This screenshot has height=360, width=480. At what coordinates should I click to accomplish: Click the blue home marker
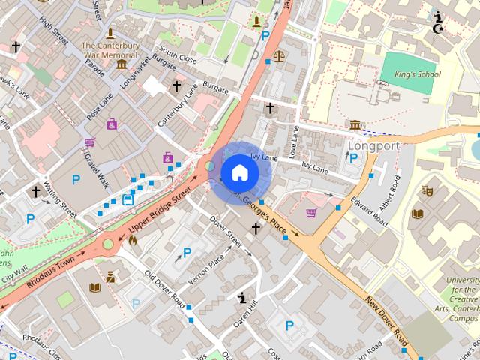click(240, 173)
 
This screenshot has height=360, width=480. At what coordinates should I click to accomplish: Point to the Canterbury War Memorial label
click(110, 49)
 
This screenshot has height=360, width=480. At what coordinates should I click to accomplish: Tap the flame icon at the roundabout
click(133, 241)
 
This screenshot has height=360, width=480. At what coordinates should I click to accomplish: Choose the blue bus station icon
click(128, 199)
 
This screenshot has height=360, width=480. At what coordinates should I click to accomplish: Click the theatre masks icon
click(427, 191)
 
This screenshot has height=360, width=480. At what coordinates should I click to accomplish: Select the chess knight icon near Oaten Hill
click(243, 297)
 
